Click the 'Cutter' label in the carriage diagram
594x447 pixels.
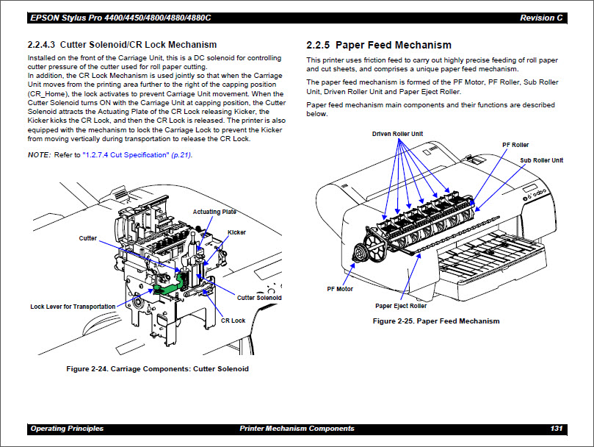87,238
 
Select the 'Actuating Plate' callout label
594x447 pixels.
214,212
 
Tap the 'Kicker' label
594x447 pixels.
236,232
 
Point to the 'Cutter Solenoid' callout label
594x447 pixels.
259,298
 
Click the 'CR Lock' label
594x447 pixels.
233,321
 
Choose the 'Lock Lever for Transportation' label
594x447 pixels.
73,307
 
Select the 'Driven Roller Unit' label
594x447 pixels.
397,134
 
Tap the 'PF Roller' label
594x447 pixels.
515,145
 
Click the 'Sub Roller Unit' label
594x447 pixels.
542,160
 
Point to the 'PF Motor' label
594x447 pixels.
340,289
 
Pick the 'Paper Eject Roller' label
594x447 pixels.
401,306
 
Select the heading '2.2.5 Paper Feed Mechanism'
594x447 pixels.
378,45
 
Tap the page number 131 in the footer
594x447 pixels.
557,429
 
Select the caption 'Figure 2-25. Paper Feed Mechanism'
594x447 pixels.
436,321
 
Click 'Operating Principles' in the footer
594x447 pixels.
67,429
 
